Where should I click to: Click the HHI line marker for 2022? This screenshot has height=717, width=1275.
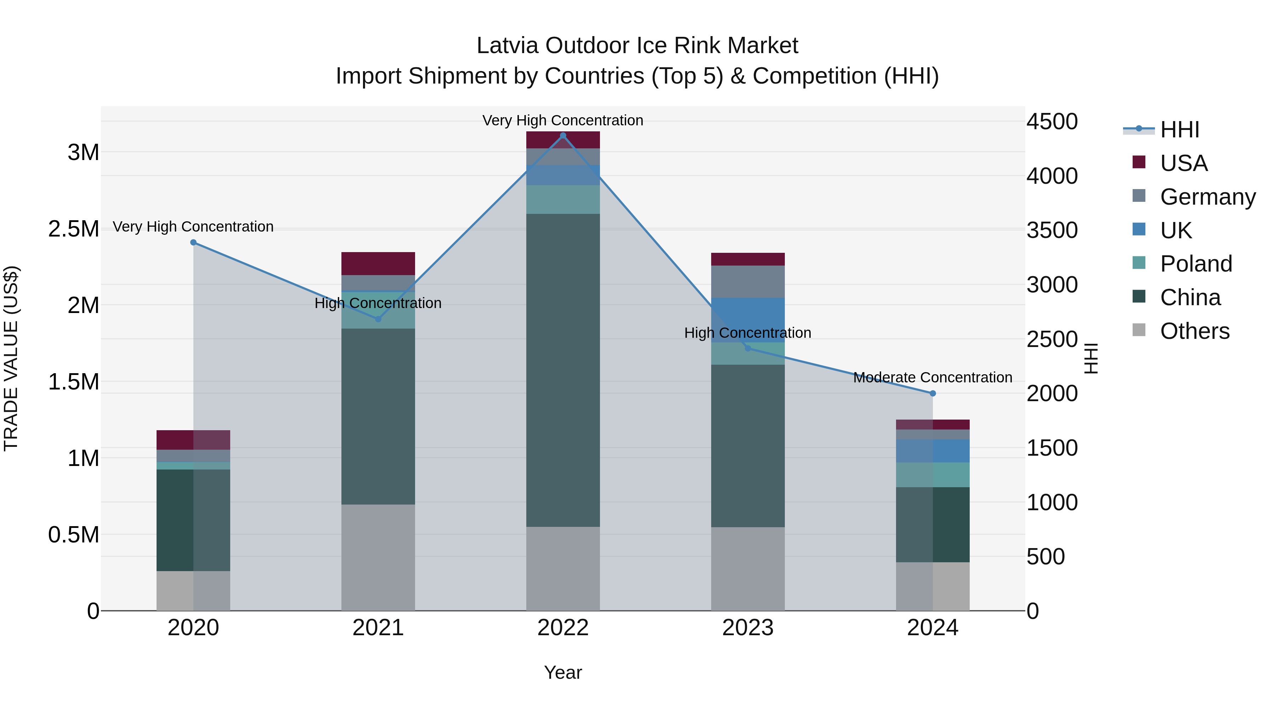(x=563, y=136)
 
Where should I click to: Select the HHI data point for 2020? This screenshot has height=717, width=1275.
(x=193, y=243)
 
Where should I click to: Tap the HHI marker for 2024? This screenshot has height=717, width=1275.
(x=933, y=393)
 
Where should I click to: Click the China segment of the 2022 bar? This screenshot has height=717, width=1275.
(x=563, y=371)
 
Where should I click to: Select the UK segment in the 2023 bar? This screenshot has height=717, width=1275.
(x=748, y=320)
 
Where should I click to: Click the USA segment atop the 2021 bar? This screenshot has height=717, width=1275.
(x=378, y=263)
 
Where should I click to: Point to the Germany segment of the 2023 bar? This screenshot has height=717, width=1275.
(x=748, y=281)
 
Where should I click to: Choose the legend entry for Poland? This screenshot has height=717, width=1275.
(x=1195, y=264)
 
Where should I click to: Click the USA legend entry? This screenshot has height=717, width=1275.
(x=1183, y=163)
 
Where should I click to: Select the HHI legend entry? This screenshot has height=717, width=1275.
(x=1179, y=130)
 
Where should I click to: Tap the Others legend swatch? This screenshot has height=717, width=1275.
(x=1139, y=330)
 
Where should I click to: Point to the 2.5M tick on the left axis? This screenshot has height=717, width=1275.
(x=73, y=229)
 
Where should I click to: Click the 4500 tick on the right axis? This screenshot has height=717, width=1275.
(x=1052, y=122)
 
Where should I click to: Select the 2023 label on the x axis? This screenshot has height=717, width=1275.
(x=748, y=628)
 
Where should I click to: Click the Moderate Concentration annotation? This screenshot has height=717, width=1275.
(x=933, y=377)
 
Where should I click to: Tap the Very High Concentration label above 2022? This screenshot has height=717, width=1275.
(x=563, y=120)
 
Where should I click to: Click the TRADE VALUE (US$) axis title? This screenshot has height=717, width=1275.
(x=11, y=358)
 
